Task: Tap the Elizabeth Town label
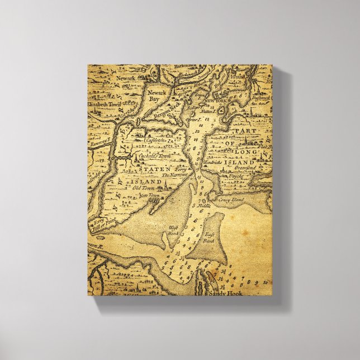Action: coord(104,104)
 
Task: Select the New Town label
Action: coord(149,196)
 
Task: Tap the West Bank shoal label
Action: coord(172,229)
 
